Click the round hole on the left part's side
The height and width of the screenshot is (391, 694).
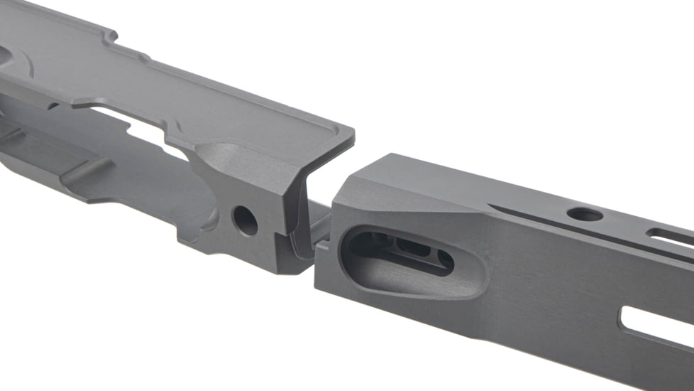coord(246,220)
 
